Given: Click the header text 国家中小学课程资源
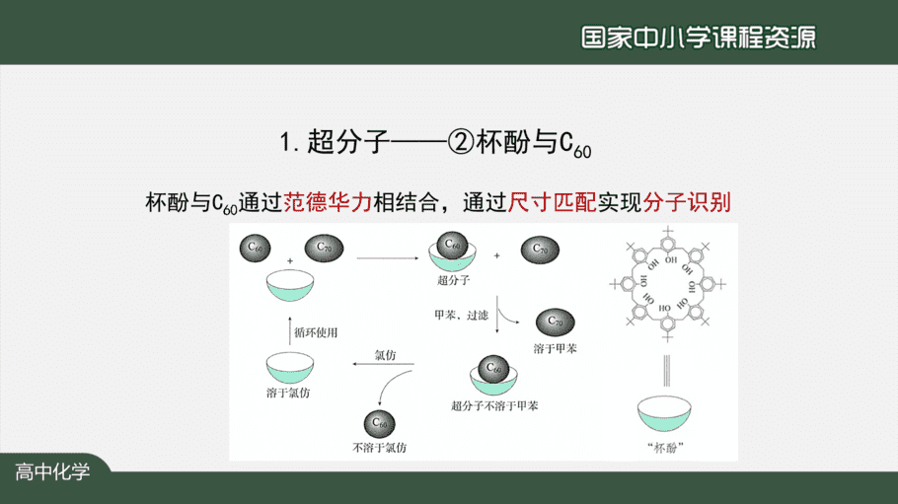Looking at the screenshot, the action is (698, 37).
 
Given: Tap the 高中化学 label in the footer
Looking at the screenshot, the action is (52, 471).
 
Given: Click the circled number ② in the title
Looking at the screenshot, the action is (461, 141).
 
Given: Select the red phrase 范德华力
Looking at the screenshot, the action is (328, 202).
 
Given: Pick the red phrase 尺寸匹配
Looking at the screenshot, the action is (552, 202).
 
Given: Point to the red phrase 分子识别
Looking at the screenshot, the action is (687, 202).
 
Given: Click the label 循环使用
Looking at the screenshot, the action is (316, 332).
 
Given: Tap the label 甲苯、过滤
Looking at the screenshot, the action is (461, 315).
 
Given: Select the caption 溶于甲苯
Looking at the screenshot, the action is (555, 348).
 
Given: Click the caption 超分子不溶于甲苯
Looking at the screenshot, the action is (494, 406).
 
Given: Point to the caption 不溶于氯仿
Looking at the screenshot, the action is (379, 448).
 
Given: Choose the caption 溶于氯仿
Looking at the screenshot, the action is (288, 393).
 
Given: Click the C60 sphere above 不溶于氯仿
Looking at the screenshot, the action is (379, 424).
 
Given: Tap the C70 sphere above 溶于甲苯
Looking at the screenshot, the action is (555, 323).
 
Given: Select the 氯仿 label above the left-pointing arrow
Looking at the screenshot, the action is (385, 355).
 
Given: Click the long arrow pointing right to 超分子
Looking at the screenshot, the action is (388, 258).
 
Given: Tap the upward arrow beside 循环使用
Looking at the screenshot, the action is (290, 330).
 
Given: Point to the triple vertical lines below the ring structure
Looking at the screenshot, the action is (666, 371).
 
